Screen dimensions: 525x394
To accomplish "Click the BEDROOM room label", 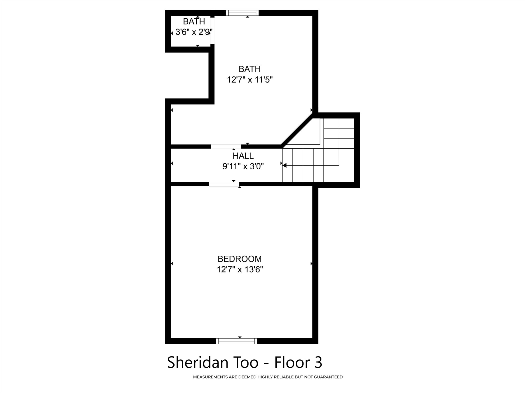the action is point(239,259).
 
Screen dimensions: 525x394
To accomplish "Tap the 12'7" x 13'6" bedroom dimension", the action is point(240,270).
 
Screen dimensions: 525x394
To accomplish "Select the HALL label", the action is point(243,156).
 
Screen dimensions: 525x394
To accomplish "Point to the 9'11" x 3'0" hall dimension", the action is point(243,166).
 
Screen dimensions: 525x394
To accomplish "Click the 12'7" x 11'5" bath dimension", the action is point(249,80).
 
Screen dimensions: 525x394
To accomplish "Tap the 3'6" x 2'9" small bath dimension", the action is point(194,32).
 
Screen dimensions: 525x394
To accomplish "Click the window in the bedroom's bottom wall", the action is point(236,341).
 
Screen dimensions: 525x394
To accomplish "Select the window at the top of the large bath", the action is point(242,13).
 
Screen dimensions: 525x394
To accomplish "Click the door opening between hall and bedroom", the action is point(224,184).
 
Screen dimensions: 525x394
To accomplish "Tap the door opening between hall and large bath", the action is point(226,147).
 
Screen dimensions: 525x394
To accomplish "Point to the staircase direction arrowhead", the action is point(284,165).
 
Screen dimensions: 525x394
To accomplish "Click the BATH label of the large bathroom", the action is point(249,69).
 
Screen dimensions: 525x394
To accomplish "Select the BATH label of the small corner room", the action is point(194,22).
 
